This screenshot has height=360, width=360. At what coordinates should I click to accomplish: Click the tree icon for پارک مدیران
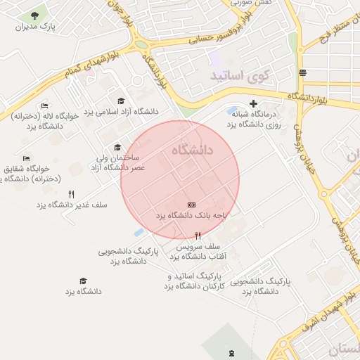(34, 15)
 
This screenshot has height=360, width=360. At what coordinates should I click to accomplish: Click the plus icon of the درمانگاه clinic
(254, 103)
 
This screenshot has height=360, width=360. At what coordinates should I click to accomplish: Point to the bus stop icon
(302, 72)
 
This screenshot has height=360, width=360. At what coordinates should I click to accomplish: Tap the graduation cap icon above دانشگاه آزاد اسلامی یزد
(121, 101)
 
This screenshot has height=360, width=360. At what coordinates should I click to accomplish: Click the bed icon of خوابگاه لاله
(44, 105)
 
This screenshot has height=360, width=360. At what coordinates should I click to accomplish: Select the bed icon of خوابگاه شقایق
(26, 158)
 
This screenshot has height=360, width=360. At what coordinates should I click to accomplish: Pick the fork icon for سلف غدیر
(71, 194)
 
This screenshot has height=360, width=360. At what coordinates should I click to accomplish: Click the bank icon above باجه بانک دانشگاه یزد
(191, 205)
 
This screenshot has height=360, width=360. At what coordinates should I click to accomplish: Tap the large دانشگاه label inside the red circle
(191, 150)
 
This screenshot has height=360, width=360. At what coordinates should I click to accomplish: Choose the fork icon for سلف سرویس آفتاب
(198, 237)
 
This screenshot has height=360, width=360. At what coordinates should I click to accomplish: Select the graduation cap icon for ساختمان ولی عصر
(117, 148)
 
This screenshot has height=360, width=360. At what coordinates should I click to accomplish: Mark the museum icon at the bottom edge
(232, 352)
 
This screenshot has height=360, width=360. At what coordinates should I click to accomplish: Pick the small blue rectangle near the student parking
(138, 232)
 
